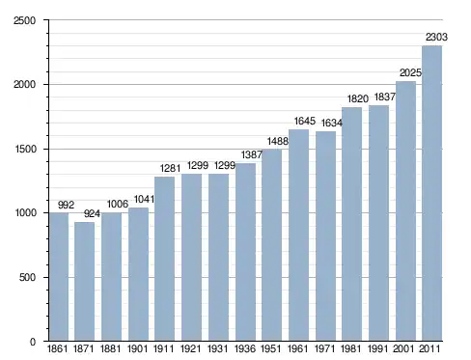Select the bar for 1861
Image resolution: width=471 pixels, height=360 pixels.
pos(59,277)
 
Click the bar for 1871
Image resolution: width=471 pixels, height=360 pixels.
pos(84,282)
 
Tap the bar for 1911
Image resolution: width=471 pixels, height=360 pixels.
pos(164,259)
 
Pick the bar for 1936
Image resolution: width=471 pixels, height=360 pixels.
pos(245,252)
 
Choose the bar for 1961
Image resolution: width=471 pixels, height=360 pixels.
pos(298,235)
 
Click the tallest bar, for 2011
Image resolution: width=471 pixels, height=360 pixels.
pos(431,193)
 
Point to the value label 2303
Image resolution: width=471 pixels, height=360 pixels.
pos(436,38)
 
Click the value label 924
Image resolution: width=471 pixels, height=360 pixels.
pos(92,213)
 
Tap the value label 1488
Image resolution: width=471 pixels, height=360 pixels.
pos(278,141)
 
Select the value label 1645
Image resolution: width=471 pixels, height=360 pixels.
pos(305,121)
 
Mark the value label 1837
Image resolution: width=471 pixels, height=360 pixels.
pos(385,97)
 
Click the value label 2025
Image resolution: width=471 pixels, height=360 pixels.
pos(410,73)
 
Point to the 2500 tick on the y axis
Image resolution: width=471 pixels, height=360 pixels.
pos(24,20)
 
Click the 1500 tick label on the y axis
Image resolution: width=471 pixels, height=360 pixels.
pos(25,150)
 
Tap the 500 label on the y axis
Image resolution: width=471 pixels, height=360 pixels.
pos(27,277)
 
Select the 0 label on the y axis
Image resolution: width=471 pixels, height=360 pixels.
pos(33,342)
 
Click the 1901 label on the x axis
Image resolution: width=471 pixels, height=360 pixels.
pos(137,348)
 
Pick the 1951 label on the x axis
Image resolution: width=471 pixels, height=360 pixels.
pos(270,348)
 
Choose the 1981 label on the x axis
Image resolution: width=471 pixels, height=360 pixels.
pos(350,348)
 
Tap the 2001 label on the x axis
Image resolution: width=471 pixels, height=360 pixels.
pos(403,348)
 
